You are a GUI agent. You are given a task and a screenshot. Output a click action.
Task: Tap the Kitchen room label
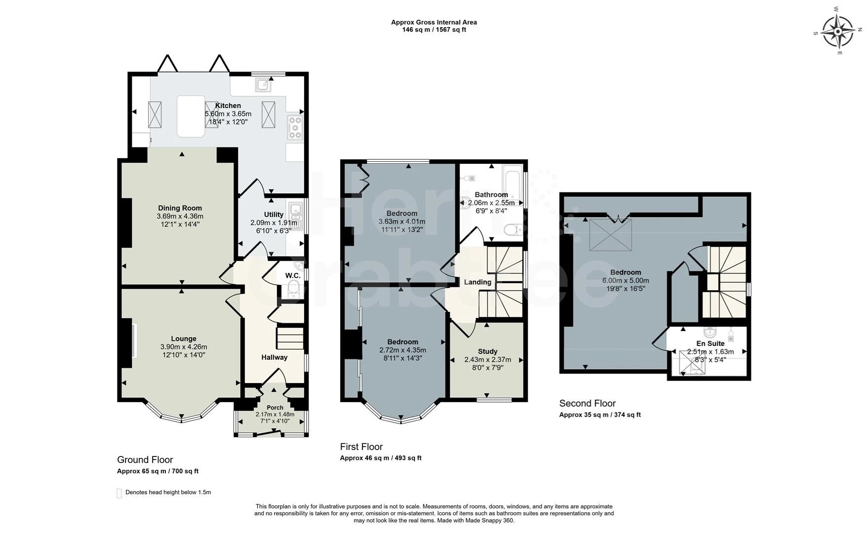coord(228,106)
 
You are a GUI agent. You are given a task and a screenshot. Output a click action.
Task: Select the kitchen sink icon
coord(263,85)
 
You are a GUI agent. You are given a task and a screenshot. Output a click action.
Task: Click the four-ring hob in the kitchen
coord(295,127)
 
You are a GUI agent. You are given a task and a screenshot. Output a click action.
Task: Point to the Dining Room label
coord(180,208)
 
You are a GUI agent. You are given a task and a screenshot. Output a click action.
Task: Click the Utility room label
coord(274,214)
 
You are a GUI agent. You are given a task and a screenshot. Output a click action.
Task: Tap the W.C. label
coord(293,275)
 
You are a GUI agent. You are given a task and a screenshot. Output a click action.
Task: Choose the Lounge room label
coord(184,339)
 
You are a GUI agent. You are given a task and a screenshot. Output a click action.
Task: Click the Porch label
coord(275,408)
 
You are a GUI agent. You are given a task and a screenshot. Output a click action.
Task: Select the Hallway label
coord(275,357)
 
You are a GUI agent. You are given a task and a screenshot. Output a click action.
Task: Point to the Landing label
coord(477,282)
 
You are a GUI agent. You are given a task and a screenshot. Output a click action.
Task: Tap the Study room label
coord(488,351)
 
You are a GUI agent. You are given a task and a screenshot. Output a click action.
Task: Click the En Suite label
coord(710,343)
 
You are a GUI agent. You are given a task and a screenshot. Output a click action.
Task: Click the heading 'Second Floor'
coord(588,403)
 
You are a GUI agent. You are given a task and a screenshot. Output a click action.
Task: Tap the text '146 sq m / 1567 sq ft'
coord(434,30)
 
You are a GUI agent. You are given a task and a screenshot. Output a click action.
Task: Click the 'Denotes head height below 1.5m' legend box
coord(119,493)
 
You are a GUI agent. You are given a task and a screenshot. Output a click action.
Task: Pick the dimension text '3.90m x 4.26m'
coord(184,346)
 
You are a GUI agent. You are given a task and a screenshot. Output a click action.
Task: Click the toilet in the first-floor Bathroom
coord(513,229)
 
